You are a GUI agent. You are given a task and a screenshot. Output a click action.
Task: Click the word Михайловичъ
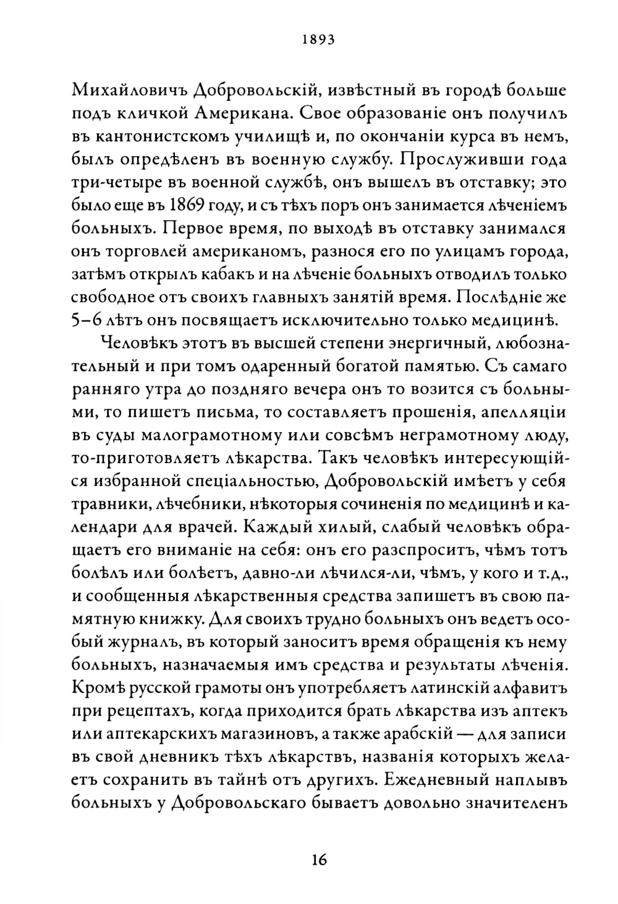click(127, 91)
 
